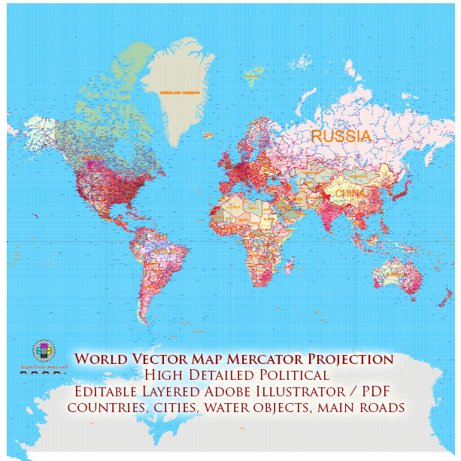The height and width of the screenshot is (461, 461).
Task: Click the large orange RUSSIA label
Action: click(x=341, y=136)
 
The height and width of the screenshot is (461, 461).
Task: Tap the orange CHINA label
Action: click(x=347, y=193)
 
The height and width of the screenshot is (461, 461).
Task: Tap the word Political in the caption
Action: click(x=293, y=375)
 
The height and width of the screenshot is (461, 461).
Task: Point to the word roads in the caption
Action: click(x=384, y=408)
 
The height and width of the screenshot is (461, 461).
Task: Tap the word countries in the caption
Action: click(x=100, y=408)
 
